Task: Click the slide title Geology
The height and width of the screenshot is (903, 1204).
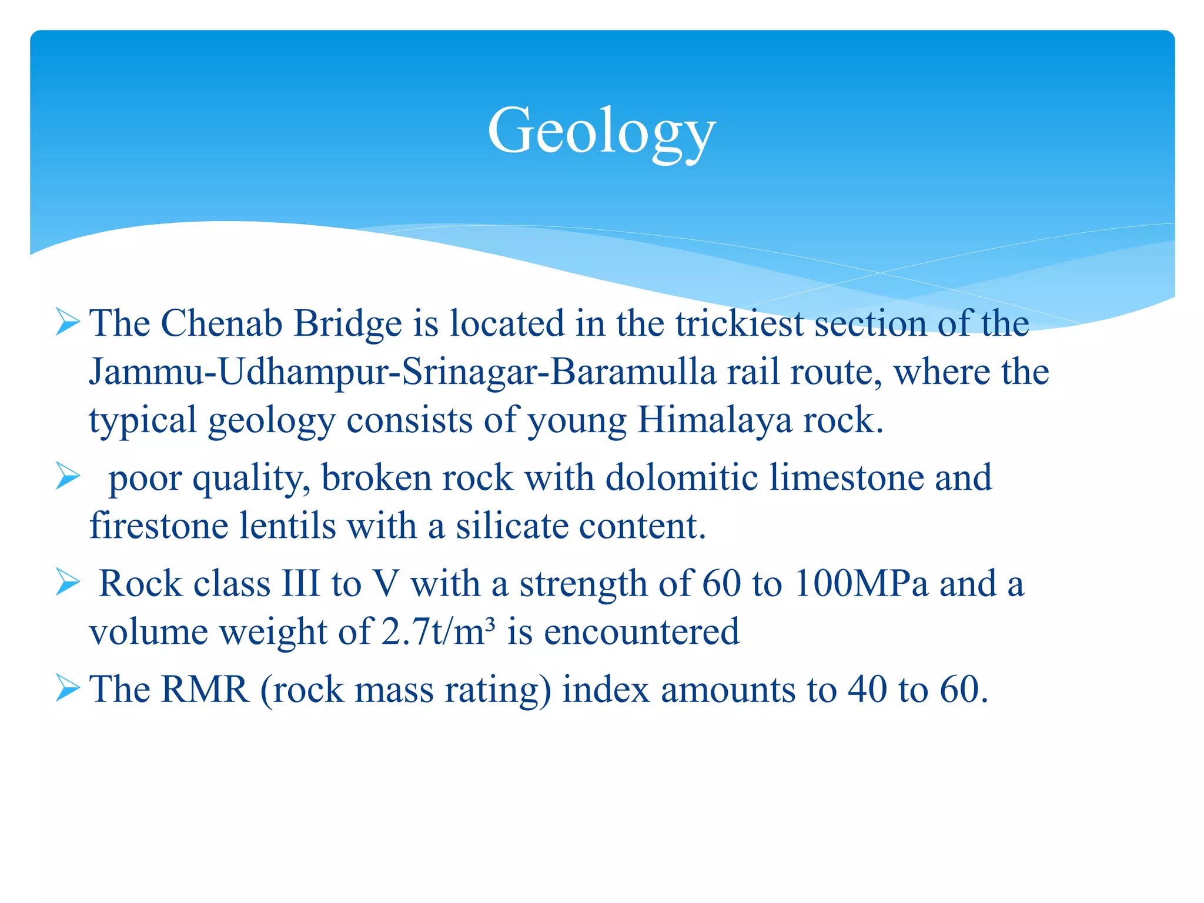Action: (601, 131)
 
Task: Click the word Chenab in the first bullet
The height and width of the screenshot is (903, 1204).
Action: (222, 323)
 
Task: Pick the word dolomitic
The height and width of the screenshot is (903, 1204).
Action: (681, 477)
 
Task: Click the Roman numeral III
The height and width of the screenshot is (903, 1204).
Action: (300, 584)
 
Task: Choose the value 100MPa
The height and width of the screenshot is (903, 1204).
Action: (861, 584)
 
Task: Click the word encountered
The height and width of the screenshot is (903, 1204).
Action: (641, 632)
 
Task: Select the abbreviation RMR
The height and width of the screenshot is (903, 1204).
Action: (205, 689)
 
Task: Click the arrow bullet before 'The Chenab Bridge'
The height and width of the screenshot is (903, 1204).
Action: (68, 323)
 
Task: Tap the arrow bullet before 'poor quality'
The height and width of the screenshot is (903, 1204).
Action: (68, 476)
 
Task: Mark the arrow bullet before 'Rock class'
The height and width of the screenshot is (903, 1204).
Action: (68, 583)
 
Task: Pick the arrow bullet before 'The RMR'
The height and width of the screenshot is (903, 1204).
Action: (68, 688)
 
